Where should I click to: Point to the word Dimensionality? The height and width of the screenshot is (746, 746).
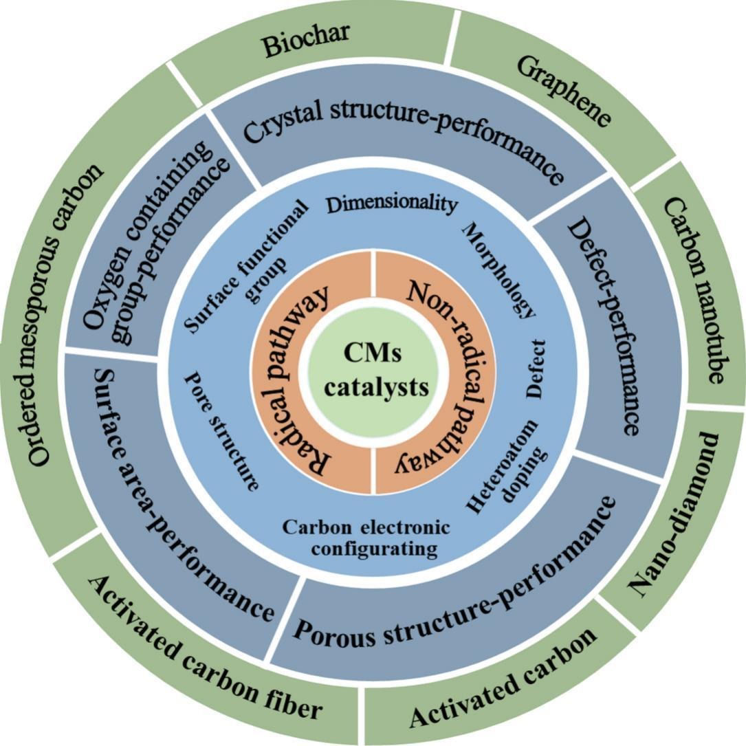pyautogui.click(x=391, y=204)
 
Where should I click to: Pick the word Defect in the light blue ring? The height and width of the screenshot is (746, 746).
pyautogui.click(x=536, y=367)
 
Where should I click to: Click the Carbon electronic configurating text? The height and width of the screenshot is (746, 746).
pyautogui.click(x=366, y=538)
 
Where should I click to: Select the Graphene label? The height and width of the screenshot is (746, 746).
pyautogui.click(x=564, y=92)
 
